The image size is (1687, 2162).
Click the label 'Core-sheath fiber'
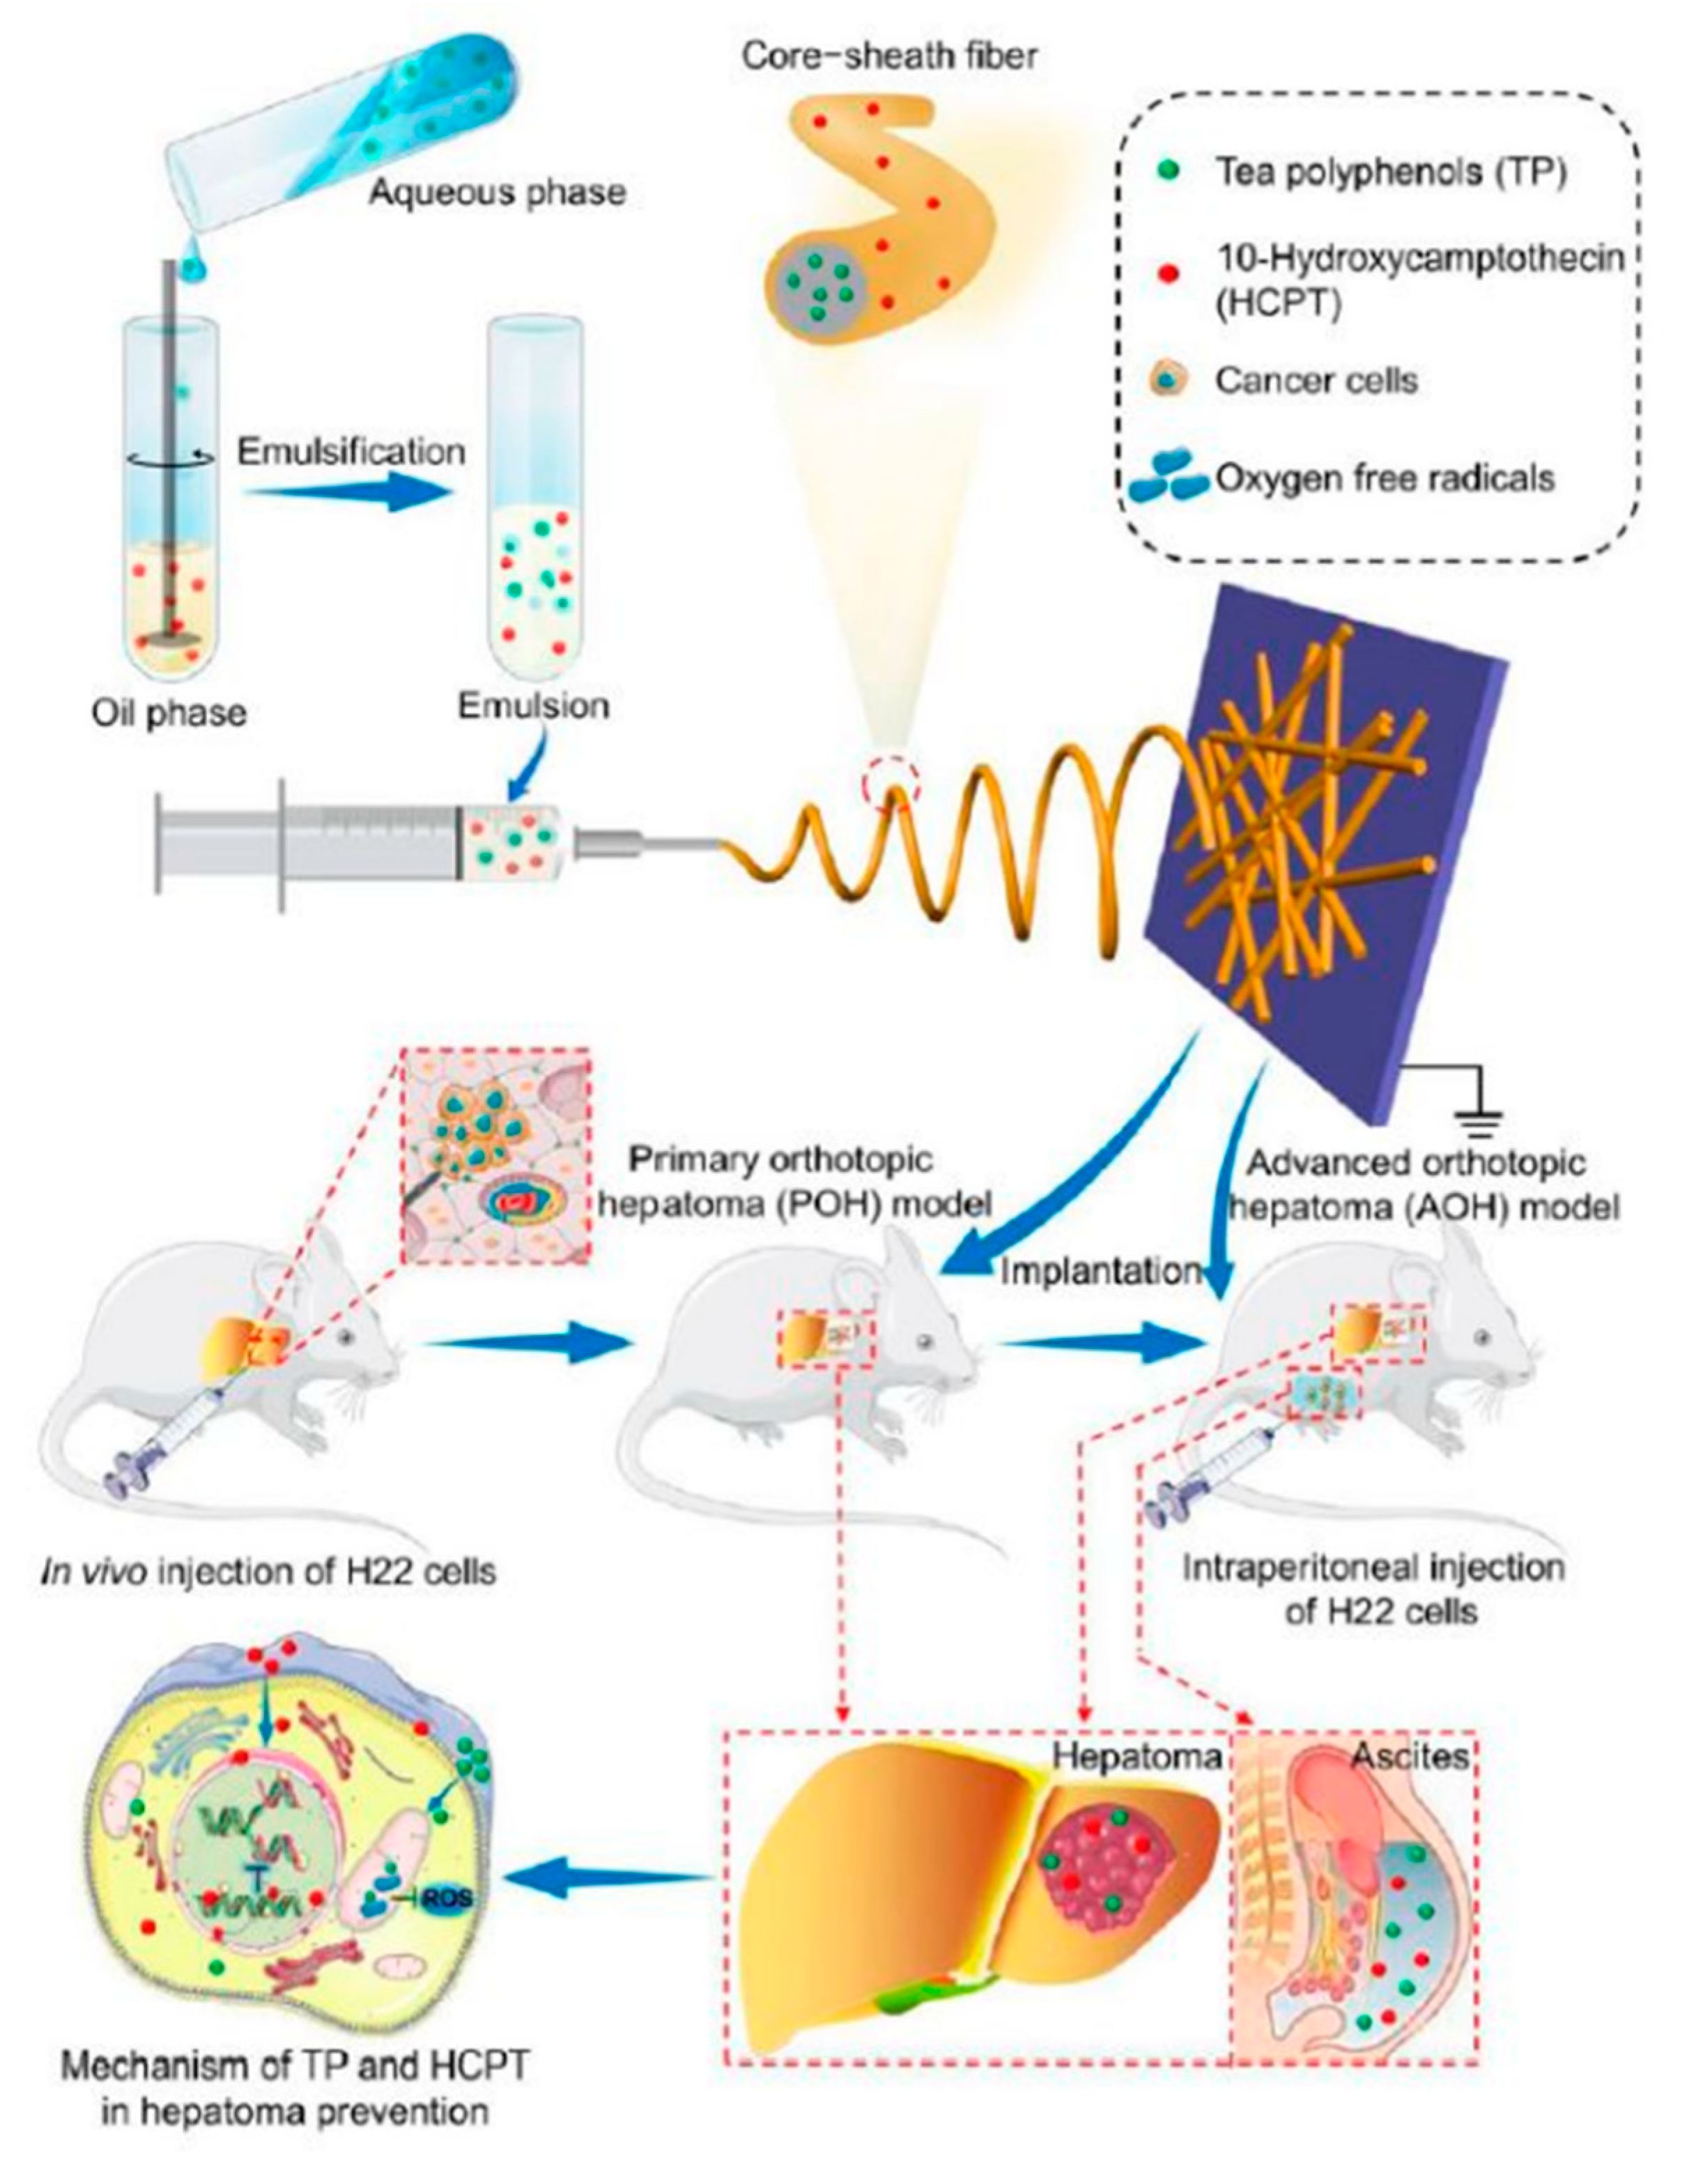click(890, 56)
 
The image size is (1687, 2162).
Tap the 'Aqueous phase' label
click(498, 190)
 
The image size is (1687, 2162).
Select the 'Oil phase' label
click(169, 713)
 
